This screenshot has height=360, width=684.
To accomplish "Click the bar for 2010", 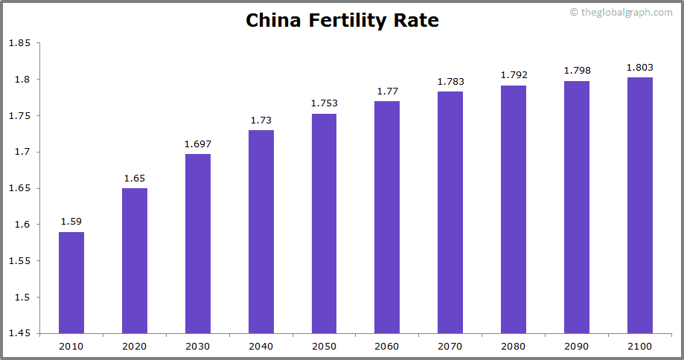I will (x=71, y=283).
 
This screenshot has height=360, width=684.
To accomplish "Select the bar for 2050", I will (x=324, y=223).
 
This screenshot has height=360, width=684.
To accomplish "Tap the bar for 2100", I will (x=639, y=205).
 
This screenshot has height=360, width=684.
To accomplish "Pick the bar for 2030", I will (x=198, y=243).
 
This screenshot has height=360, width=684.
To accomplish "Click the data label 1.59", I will (x=71, y=222).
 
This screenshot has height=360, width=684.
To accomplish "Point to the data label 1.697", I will (x=198, y=144).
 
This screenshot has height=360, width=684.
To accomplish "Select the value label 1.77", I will (x=387, y=91).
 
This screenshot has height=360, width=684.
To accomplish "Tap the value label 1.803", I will (x=639, y=67).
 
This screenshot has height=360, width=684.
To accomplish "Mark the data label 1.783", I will (x=450, y=81).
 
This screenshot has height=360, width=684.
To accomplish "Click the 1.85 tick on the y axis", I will (x=19, y=43).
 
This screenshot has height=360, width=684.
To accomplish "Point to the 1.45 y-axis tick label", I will (x=19, y=333).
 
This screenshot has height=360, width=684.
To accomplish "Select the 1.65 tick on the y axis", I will (x=19, y=188).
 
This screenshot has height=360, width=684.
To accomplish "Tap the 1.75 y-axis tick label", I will (x=19, y=115).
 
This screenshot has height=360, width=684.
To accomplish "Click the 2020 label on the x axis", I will (x=135, y=346).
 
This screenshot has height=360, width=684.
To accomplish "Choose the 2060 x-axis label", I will (x=387, y=346).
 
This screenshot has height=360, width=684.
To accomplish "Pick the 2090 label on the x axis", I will (x=577, y=346).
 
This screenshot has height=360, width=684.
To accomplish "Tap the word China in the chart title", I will (x=273, y=20).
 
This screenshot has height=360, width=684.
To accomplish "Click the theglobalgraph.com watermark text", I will (x=626, y=12).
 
